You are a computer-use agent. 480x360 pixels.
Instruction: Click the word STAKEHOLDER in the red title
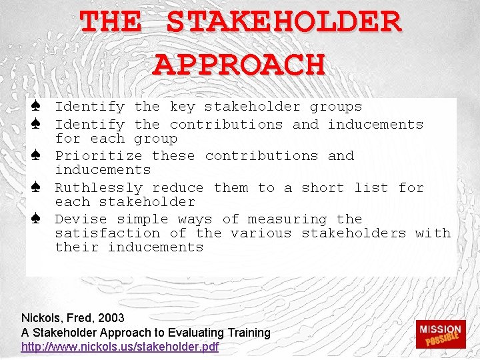click(283, 23)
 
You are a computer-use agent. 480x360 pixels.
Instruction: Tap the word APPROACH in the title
click(239, 64)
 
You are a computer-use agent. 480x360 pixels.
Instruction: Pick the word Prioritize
click(98, 156)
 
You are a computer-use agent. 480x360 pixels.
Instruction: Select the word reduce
click(178, 188)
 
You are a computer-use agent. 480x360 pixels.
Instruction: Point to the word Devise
click(81, 219)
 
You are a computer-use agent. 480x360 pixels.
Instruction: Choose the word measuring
click(287, 219)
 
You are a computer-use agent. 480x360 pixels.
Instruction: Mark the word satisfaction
click(107, 233)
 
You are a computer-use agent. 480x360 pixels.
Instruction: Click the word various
click(261, 233)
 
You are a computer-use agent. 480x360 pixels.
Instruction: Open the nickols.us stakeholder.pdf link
click(120, 347)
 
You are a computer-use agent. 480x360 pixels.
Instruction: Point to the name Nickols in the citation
click(39, 318)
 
